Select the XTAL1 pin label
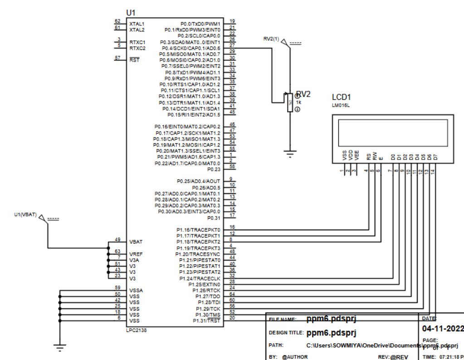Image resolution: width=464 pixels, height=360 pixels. (x=137, y=24)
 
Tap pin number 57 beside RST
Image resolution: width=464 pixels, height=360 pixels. (x=117, y=58)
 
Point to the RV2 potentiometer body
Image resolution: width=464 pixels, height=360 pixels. (x=289, y=103)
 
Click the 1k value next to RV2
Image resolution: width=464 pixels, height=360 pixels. (x=299, y=102)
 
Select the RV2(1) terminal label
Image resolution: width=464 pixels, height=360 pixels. (x=271, y=39)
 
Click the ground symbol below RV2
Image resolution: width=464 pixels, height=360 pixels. (x=290, y=154)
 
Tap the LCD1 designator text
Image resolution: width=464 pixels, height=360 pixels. (x=342, y=97)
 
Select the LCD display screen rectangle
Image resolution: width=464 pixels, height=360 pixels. (x=393, y=131)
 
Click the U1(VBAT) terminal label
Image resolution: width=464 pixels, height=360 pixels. (x=25, y=214)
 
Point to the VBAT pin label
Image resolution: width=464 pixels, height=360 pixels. (x=136, y=242)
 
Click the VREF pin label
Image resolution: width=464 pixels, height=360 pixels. (x=136, y=254)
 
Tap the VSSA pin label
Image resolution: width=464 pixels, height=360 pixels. (x=136, y=290)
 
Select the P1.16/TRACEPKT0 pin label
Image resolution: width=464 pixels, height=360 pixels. (x=198, y=230)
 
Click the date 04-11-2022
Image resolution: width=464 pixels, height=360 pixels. (x=443, y=328)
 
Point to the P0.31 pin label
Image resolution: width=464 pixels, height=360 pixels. (x=213, y=218)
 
